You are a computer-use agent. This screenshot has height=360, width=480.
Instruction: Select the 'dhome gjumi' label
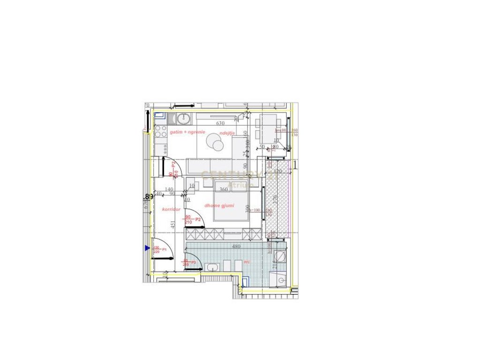pyautogui.click(x=219, y=205)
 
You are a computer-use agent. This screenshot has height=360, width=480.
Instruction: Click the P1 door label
pyautogui.click(x=164, y=250)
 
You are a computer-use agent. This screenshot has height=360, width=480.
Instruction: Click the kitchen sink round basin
pyautogui.click(x=186, y=118)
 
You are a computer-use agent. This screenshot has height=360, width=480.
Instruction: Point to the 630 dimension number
pyautogui.click(x=219, y=124)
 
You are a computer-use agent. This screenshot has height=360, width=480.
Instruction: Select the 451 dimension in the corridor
pyautogui.click(x=173, y=226)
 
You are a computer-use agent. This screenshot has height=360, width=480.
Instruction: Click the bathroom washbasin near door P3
pyautogui.click(x=212, y=268)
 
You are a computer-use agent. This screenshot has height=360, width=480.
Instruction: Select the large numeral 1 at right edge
pyautogui.click(x=295, y=165)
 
